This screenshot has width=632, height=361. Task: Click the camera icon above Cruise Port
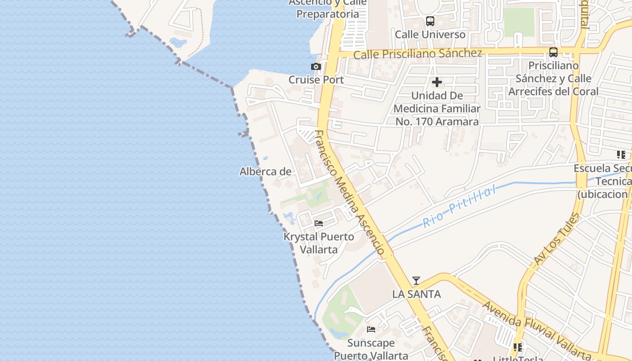tap(316, 67)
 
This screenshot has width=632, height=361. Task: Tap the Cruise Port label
tap(316, 80)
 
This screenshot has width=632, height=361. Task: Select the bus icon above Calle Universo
tap(430, 21)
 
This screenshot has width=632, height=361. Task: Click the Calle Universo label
tap(430, 34)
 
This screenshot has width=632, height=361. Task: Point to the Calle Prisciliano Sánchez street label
tap(418, 54)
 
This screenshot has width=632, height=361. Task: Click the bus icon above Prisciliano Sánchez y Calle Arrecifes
tap(553, 52)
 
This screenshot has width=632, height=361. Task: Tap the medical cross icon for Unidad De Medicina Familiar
tap(437, 83)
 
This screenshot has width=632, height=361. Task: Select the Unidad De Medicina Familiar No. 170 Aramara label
tap(437, 108)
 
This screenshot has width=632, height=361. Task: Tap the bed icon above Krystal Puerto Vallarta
tap(319, 223)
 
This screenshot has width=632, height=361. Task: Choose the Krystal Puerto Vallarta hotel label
tap(319, 243)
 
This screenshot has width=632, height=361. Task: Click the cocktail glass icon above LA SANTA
tap(416, 281)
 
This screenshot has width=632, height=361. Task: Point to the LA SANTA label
tap(416, 294)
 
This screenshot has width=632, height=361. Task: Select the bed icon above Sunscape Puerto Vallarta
tap(371, 329)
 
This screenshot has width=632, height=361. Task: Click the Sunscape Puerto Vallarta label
tap(371, 349)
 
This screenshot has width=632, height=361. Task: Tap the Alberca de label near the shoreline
tap(265, 171)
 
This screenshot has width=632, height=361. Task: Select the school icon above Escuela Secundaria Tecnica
tap(621, 155)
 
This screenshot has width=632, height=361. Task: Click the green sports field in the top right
tap(519, 22)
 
